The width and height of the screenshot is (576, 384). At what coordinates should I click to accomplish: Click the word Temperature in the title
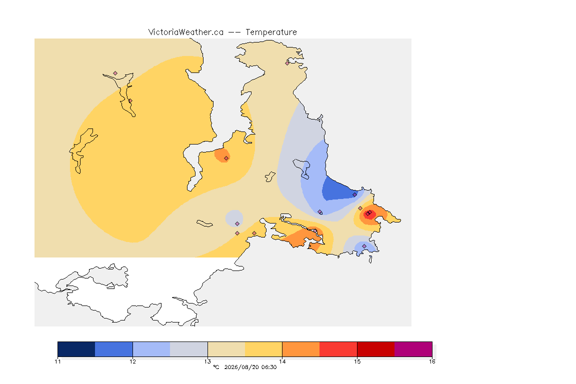point(271,32)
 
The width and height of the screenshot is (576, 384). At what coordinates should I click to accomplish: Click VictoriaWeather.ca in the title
point(186,32)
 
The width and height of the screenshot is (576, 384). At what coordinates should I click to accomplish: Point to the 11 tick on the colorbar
point(57,361)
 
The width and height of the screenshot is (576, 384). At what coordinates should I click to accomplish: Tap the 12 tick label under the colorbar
point(132,361)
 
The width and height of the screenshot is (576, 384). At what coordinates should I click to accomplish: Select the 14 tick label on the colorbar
point(282,361)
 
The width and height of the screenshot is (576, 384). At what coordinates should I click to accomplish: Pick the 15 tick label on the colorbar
point(357,361)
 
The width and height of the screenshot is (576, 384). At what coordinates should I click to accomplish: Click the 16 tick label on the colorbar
point(432,361)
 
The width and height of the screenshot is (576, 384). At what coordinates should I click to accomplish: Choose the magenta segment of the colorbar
point(413,349)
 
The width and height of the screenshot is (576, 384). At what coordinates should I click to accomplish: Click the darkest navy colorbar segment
point(76,349)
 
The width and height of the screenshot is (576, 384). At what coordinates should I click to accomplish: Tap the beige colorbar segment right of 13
point(226,349)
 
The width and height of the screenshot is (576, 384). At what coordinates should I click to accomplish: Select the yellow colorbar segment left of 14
point(263,349)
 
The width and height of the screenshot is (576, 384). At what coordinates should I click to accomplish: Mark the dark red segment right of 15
point(376,349)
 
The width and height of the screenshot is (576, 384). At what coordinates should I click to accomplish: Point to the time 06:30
point(269,367)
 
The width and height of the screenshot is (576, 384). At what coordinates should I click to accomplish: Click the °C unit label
point(216,367)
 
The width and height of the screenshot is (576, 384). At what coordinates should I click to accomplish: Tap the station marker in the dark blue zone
point(354,195)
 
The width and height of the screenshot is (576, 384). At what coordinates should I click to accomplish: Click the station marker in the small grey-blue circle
point(237,224)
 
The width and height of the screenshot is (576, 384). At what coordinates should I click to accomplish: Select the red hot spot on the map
point(369,214)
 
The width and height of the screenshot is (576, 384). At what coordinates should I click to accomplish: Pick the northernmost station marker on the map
point(287,63)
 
